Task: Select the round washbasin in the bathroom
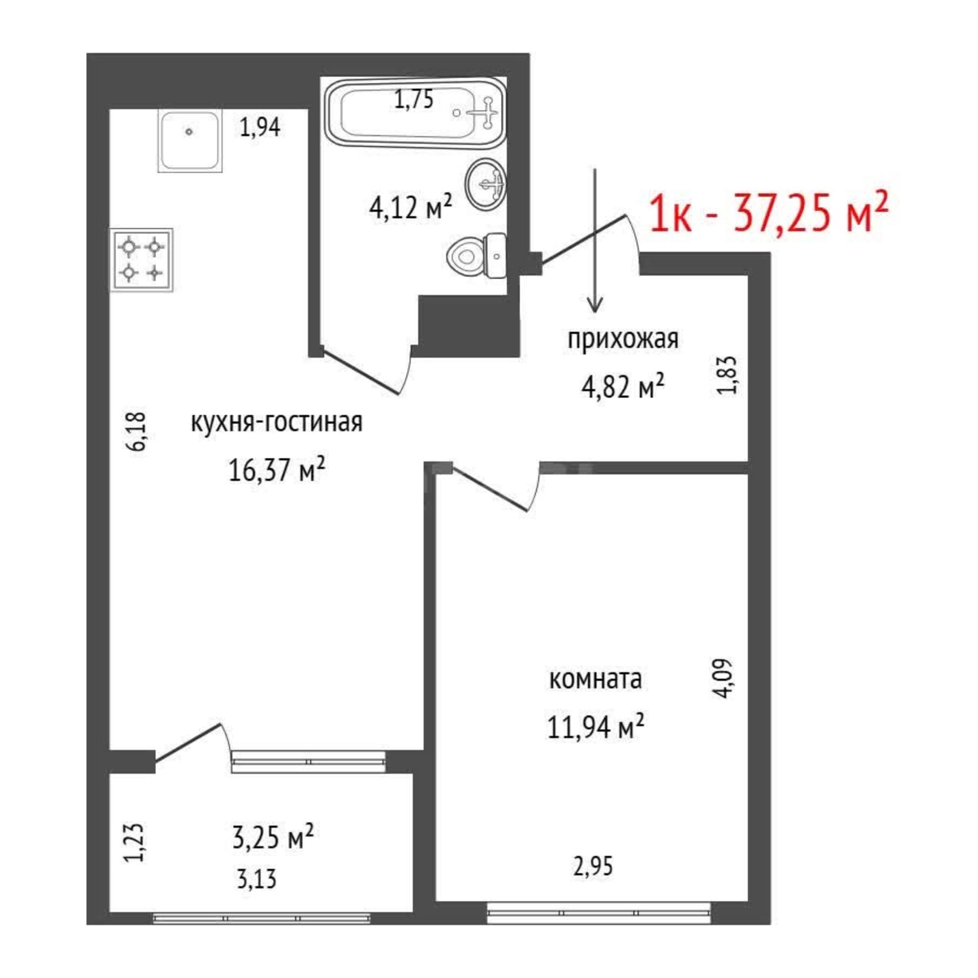point(485,183)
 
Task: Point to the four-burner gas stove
point(142,260)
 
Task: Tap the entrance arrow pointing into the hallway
point(595,240)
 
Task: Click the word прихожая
point(622,339)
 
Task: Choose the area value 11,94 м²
point(595,727)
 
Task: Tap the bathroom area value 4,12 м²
point(411,207)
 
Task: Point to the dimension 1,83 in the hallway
point(728,375)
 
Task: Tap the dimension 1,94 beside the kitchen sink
point(260,127)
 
